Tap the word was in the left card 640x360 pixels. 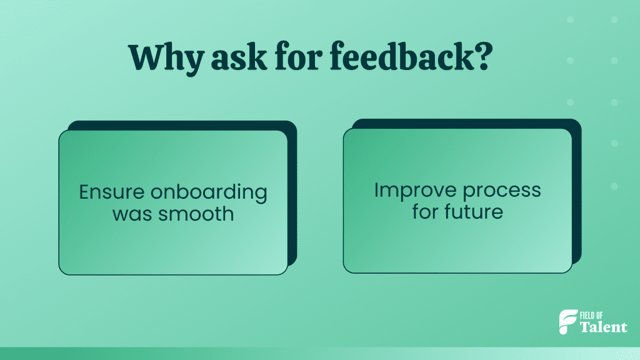click(x=131, y=214)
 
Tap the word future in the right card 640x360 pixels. click(x=469, y=211)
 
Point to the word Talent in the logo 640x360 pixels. click(x=604, y=327)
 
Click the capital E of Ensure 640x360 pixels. click(x=84, y=191)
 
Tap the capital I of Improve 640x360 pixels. click(x=377, y=190)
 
